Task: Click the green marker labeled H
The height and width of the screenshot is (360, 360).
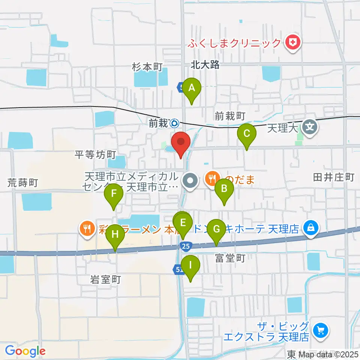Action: point(115,235)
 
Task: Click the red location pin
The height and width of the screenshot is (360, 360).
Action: point(181,142)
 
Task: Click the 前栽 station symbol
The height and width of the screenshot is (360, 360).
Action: point(174,123)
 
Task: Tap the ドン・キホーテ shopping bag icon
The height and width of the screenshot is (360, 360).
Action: point(311,227)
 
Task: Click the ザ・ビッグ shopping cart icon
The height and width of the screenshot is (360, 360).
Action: point(321,330)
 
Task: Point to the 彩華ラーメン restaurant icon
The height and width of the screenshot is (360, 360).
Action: point(87,229)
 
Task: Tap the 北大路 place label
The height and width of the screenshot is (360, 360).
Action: point(205,65)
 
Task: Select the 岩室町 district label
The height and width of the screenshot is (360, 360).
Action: point(106,279)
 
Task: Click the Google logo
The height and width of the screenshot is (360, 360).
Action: point(25,351)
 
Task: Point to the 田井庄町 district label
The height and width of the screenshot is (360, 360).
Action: point(334,177)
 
